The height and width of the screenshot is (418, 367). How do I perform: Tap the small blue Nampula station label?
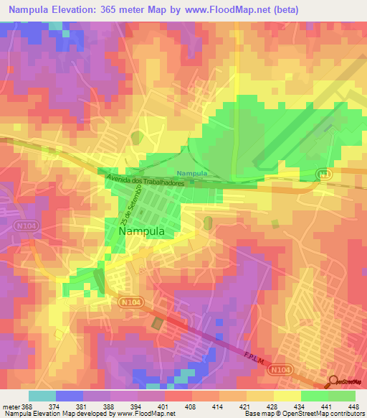tap(193, 174)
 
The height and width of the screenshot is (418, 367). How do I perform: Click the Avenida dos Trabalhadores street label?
tap(146, 180)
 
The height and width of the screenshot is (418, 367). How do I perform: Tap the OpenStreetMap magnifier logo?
tap(332, 381)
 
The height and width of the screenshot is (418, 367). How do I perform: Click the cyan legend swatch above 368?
tap(42, 396)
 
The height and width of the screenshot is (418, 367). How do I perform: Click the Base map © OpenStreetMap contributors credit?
tap(304, 413)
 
